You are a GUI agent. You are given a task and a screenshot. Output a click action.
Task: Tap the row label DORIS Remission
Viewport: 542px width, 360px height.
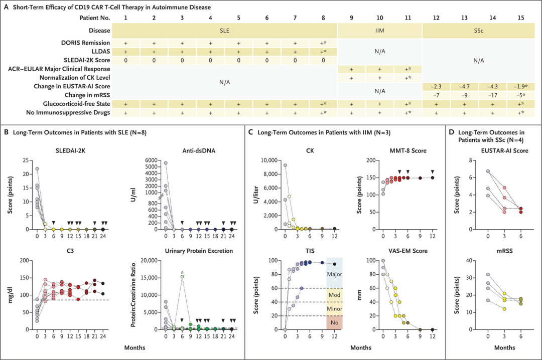point(84,43)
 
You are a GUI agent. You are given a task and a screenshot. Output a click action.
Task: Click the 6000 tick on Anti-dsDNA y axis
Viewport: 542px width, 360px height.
point(151,160)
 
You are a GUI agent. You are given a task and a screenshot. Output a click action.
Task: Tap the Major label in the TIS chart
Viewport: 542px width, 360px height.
point(334,275)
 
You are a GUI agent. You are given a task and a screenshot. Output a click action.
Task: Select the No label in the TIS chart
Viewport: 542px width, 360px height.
point(334,322)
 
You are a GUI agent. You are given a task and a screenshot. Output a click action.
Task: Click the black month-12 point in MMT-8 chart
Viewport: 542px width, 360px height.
point(432,177)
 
